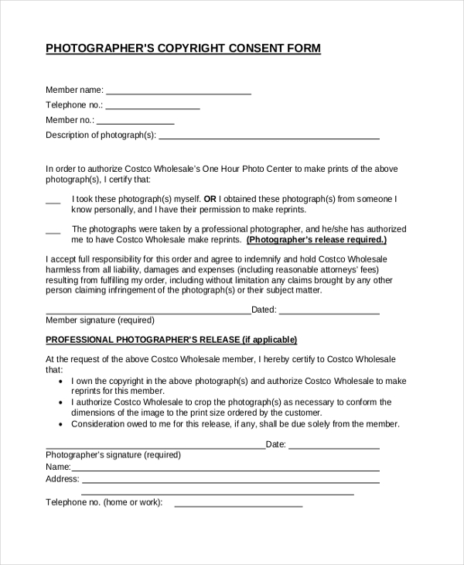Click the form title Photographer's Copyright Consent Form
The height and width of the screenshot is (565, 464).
tap(183, 48)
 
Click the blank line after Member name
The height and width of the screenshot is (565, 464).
tap(178, 91)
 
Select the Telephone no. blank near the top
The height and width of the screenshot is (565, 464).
tap(152, 106)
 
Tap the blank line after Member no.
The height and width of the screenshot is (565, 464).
tap(135, 121)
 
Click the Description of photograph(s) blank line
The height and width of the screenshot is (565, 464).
tap(268, 136)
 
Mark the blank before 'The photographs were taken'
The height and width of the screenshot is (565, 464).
tap(53, 231)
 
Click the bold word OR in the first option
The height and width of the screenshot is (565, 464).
tap(209, 198)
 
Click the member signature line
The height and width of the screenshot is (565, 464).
tap(148, 311)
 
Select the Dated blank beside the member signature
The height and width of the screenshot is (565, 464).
tap(329, 311)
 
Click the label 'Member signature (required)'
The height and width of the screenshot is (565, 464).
tap(100, 320)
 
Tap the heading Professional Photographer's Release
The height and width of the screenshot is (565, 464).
tap(171, 340)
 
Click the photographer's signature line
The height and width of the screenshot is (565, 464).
tap(155, 446)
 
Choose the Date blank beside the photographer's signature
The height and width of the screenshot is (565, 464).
tap(334, 446)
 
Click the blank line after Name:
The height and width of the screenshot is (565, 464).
tap(225, 468)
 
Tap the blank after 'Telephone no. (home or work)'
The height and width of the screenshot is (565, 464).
tap(238, 504)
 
